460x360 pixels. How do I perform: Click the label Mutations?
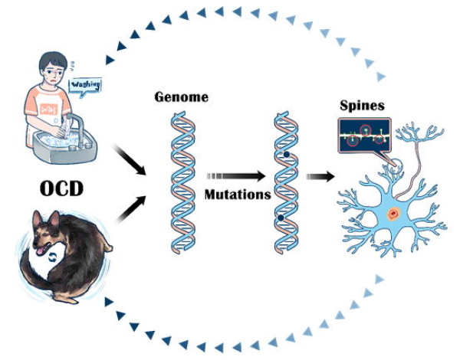pyautogui.click(x=238, y=195)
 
